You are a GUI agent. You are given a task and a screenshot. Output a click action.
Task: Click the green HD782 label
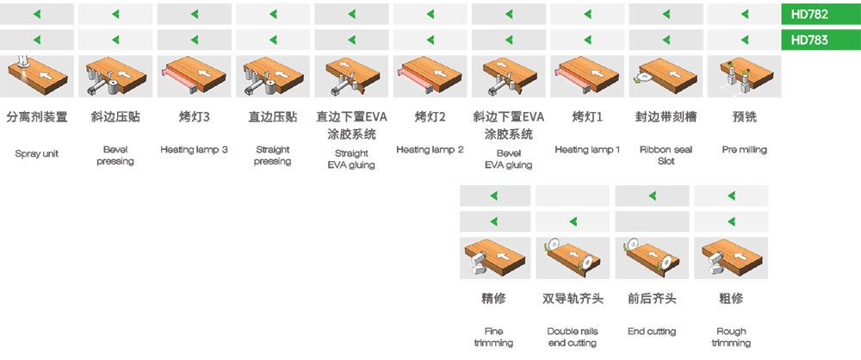(x=821, y=14)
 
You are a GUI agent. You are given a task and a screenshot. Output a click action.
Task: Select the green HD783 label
(x=821, y=40)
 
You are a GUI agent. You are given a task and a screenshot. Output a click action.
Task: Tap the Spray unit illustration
(x=37, y=76)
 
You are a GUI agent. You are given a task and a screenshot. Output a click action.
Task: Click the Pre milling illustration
(x=744, y=76)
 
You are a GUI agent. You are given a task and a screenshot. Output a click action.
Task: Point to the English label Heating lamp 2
(x=430, y=150)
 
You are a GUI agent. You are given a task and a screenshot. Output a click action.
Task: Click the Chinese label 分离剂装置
(x=37, y=117)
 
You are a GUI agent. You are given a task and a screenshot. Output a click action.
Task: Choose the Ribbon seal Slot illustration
(x=666, y=76)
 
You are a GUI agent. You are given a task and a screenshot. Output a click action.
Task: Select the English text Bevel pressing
(x=115, y=156)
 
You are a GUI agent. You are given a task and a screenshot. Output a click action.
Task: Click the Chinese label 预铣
(x=744, y=117)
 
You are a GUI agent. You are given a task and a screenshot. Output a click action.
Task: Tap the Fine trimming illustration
(x=495, y=258)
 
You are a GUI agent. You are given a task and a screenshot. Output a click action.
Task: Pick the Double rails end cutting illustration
(x=573, y=258)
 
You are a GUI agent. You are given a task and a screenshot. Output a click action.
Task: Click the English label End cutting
(x=652, y=332)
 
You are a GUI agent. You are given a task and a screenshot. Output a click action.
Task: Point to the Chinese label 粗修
(x=731, y=299)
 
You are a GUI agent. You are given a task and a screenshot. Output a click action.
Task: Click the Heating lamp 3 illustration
(x=194, y=76)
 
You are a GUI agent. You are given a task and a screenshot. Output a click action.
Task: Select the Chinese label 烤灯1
(x=587, y=117)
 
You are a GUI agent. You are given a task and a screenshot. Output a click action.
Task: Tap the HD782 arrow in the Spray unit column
(x=37, y=14)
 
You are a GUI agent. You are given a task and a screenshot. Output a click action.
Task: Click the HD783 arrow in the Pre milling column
(x=744, y=40)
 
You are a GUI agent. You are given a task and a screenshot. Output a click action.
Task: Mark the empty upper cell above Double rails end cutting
(x=573, y=196)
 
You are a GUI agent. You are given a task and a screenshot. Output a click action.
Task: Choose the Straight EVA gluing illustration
(x=351, y=76)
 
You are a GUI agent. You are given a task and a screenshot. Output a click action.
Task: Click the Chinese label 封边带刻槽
(x=666, y=117)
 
